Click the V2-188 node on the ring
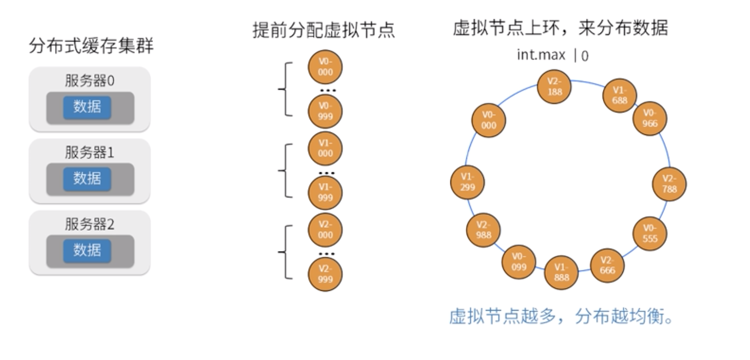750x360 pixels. tap(555, 87)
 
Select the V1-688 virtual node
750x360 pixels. tap(619, 95)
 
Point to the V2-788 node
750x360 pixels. tap(670, 184)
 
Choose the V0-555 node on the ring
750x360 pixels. tap(650, 234)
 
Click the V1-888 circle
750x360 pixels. tap(562, 272)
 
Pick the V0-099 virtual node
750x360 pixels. tap(519, 262)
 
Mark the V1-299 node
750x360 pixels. tap(467, 182)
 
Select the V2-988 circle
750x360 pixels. tap(483, 230)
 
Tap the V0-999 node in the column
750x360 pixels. tap(325, 112)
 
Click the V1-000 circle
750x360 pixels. tap(325, 148)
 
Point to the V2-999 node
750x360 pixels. tap(325, 274)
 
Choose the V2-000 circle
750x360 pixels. tap(325, 230)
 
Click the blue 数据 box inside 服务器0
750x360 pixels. tap(87, 107)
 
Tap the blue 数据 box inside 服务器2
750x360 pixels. tap(87, 251)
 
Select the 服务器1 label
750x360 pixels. tap(90, 152)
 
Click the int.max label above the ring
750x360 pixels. tap(541, 55)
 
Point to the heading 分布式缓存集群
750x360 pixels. tap(91, 46)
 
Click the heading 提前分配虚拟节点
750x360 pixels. tap(324, 30)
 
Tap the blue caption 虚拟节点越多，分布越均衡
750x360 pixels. tap(561, 317)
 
